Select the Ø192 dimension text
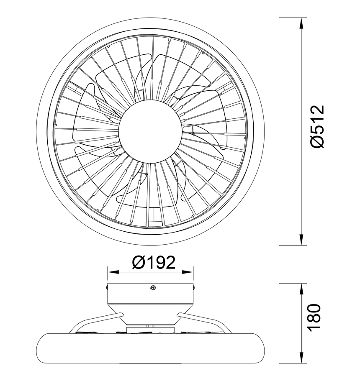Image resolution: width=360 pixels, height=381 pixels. [153, 263]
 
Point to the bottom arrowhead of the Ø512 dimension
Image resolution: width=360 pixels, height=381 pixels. [301, 240]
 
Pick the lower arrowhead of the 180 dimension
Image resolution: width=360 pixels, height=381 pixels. [301, 359]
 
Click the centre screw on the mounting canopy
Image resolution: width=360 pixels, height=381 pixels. [153, 287]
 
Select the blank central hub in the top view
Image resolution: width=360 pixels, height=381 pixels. [150, 130]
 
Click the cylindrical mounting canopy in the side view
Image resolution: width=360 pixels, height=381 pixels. [151, 295]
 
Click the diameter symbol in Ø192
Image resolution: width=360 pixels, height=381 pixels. [138, 263]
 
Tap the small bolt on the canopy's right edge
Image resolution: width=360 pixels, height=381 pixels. [193, 287]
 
